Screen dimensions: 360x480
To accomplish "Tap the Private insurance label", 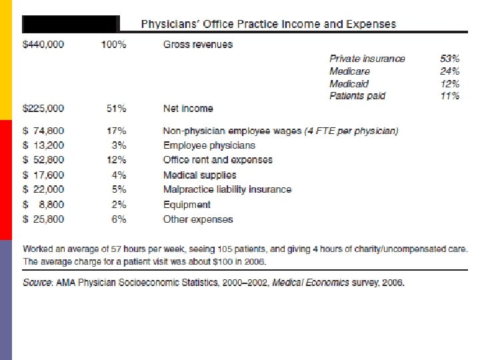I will [367, 59].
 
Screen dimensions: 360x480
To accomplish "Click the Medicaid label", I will [349, 84].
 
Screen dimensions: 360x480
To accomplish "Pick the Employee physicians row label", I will [209, 145].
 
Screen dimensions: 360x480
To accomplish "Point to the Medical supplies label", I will [199, 175].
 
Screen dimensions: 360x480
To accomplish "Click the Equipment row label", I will [187, 205].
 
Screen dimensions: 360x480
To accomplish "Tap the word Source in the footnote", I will [37, 282].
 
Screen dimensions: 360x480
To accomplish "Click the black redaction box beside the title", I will [70, 24].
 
